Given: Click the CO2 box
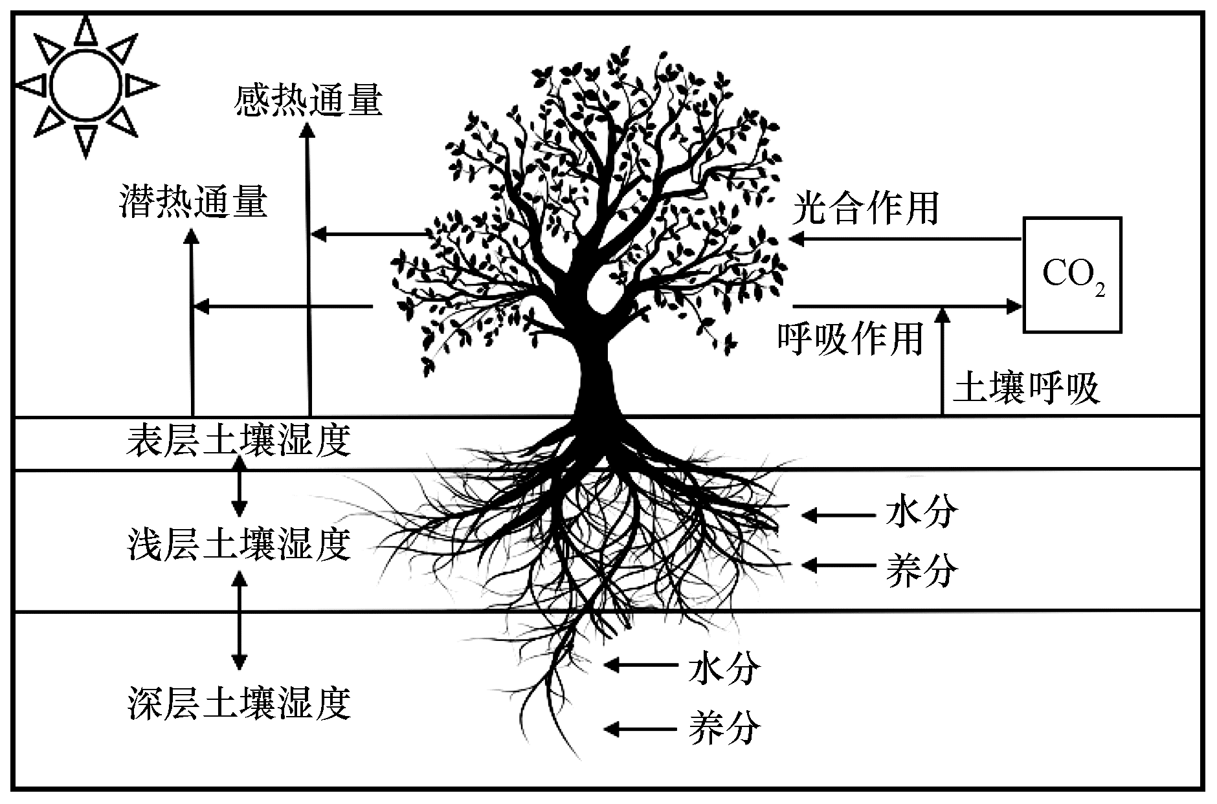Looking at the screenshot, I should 1071,275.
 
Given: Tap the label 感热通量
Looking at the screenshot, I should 309,102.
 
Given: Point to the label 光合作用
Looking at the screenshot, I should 865,209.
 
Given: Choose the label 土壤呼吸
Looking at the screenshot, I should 1027,389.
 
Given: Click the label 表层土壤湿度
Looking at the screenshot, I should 239,440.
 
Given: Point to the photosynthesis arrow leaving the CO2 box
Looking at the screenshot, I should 906,239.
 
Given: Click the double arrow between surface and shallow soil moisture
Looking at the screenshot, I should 240,486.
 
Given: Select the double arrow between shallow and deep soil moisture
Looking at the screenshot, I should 240,619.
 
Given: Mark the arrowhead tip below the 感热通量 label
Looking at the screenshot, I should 309,127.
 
